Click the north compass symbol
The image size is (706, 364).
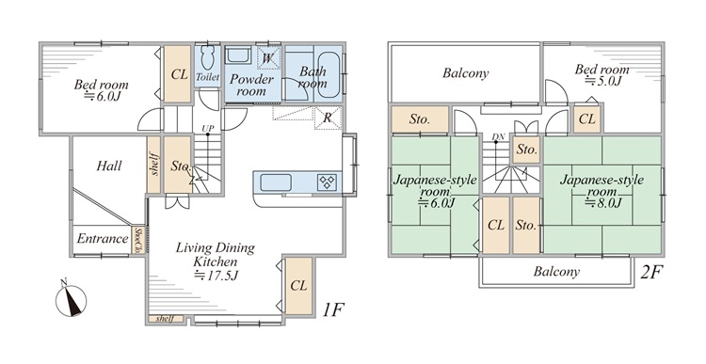coord(72,299)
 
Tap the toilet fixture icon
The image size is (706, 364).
coord(208,56)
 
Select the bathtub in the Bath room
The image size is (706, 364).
coord(328,75)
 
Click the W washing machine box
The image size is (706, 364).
coord(268,57)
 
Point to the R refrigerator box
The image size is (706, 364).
coord(328,118)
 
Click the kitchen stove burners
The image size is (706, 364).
coord(327,182)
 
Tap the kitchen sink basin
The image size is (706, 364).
coord(276,182)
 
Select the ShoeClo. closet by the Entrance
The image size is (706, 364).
coord(138,240)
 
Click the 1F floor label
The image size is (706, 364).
coord(332,309)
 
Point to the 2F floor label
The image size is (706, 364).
coord(651,272)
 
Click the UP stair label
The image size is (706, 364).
coord(208,129)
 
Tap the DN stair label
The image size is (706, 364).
coord(498,136)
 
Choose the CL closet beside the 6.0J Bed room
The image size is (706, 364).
coord(178,74)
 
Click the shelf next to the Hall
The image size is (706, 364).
coord(154,165)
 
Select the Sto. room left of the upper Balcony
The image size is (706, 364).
coord(420,119)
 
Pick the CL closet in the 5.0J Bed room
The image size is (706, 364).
coord(587,119)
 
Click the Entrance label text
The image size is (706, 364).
coord(103,239)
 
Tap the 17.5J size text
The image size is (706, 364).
coord(216,275)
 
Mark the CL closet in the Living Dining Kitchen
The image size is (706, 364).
coord(298,286)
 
